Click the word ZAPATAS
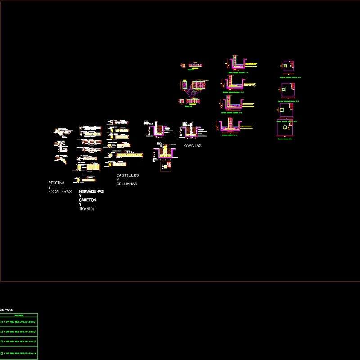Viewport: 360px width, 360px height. [x=192, y=146]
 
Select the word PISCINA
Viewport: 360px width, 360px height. [x=56, y=183]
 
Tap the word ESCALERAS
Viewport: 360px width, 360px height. [x=60, y=192]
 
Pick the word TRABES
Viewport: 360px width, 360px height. [x=86, y=209]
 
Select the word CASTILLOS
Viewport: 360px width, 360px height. [x=127, y=175]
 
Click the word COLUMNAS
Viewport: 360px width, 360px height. [x=126, y=184]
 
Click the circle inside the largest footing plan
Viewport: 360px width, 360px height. [x=285, y=128]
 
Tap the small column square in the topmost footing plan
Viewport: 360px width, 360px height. [x=284, y=66]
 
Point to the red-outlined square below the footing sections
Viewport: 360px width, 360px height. [x=166, y=167]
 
